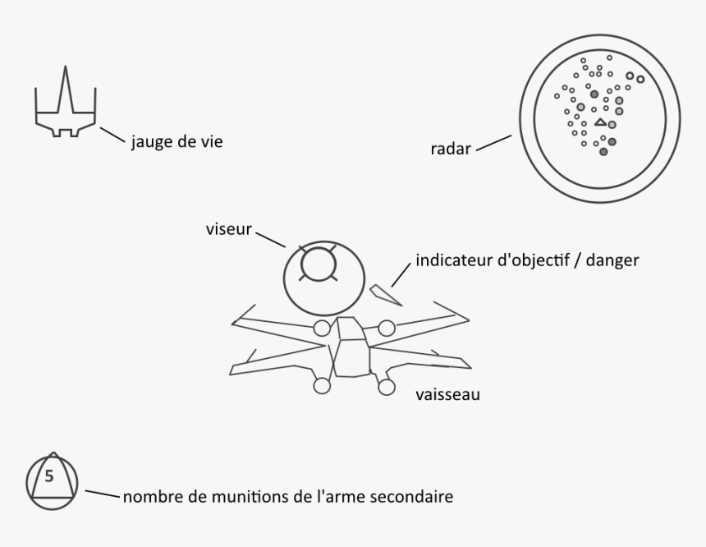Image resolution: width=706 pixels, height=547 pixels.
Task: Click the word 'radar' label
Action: pos(451,148)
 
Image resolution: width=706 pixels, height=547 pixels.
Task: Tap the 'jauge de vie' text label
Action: pos(177,141)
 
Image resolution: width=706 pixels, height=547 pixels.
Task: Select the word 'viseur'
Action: pos(229,229)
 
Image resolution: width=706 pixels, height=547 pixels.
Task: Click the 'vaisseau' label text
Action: pos(447,394)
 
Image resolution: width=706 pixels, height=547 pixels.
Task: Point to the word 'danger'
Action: pos(612,260)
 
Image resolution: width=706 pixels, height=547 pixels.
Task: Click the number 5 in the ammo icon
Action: pos(49,476)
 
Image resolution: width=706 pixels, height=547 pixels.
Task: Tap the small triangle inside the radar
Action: pos(600,122)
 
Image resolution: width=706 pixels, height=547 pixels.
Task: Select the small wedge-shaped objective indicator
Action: pos(385,295)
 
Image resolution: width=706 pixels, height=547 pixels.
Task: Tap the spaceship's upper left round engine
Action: pos(322,328)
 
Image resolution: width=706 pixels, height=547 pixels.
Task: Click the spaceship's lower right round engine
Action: pos(387,387)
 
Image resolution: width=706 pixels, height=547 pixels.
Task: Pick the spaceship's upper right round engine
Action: pos(387,328)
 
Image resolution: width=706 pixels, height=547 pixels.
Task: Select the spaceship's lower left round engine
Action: pos(322,386)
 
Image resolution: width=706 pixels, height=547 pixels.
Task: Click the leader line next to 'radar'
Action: pos(494,143)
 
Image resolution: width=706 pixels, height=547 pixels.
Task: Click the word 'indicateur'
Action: pos(454,260)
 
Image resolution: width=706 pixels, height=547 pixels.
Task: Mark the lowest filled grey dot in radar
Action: pos(603,152)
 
